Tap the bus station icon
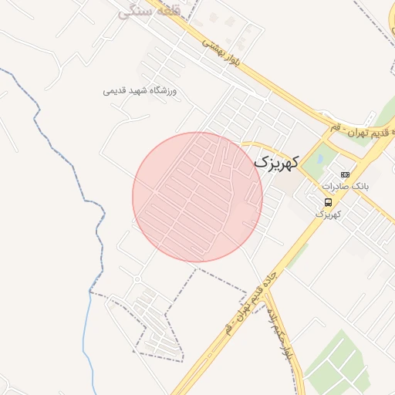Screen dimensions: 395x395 click(x=329, y=202)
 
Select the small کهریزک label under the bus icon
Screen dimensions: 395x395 click(x=328, y=214)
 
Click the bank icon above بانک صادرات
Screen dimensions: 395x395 click(x=344, y=174)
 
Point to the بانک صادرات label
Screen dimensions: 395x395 click(x=346, y=186)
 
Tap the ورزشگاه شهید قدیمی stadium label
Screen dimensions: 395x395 click(x=140, y=91)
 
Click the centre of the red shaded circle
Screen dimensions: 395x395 click(x=197, y=197)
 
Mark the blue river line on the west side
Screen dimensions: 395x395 click(x=98, y=231)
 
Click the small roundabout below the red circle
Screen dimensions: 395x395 click(x=137, y=279)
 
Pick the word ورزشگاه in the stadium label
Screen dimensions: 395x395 click(x=163, y=91)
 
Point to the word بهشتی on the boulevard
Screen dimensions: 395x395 click(x=210, y=45)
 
